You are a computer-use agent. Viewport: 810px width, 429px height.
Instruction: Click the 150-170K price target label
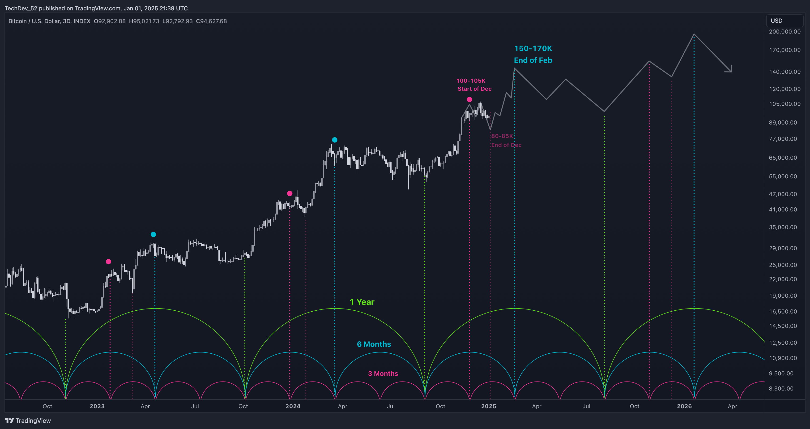[533, 48]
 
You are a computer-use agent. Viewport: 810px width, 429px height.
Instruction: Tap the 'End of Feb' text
[533, 60]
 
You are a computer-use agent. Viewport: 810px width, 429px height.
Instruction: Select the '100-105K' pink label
[471, 81]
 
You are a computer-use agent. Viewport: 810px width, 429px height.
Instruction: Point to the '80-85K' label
[502, 136]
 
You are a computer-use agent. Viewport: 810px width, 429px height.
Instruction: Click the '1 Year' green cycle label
[362, 302]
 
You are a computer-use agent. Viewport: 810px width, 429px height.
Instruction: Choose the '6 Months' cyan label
[374, 344]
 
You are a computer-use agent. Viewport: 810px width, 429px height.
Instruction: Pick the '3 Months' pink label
[383, 373]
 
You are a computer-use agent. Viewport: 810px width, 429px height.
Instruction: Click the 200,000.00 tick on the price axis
[784, 31]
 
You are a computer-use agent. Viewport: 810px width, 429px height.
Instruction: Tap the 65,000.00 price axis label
[783, 158]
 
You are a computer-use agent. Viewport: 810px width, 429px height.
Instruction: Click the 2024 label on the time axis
[293, 406]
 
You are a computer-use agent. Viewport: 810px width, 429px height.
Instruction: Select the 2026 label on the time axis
[684, 406]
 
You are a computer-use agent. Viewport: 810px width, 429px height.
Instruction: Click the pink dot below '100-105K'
[469, 99]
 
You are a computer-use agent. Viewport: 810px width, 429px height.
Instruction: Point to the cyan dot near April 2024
[335, 140]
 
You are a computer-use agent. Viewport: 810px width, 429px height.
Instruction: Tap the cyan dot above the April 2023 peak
[153, 234]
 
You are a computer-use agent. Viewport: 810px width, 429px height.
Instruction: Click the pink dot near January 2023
[108, 262]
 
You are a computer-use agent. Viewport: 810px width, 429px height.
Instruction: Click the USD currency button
[776, 21]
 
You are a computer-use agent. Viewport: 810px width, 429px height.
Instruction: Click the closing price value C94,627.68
[211, 21]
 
